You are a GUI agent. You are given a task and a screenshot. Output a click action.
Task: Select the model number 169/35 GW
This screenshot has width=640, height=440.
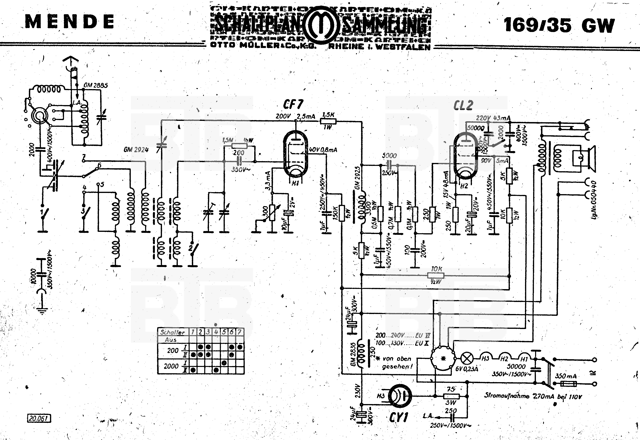click(559, 25)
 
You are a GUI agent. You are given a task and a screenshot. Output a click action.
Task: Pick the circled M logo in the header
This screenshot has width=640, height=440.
click(321, 26)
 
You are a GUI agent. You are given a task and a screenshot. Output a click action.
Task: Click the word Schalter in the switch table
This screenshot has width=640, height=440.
click(173, 332)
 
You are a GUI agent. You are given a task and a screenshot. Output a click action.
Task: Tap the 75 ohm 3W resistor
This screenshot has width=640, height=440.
click(451, 396)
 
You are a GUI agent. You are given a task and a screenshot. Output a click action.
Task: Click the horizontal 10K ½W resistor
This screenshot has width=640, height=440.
click(436, 275)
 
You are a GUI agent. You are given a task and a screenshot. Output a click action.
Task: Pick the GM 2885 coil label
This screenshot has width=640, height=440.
click(96, 86)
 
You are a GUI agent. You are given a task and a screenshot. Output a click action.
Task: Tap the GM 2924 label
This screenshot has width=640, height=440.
click(136, 150)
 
